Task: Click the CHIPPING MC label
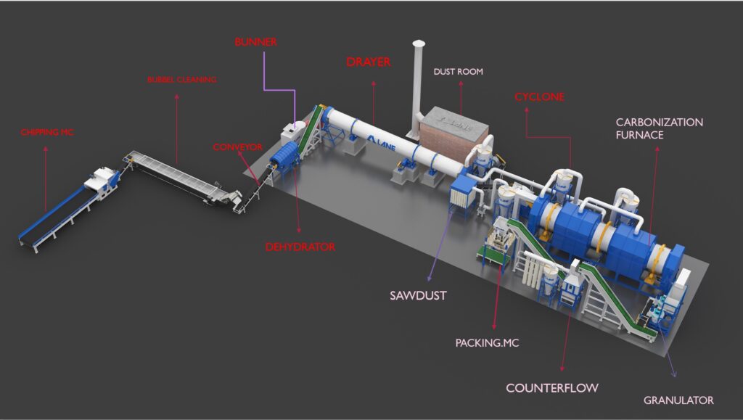[x=47, y=132]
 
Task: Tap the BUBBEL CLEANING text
[x=182, y=80]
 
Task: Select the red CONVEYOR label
[x=237, y=147]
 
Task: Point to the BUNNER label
[x=256, y=41]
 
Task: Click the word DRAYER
[x=369, y=62]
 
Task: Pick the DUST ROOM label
[x=459, y=72]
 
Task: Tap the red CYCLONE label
[x=540, y=97]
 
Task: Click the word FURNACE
[x=640, y=135]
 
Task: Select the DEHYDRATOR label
[x=300, y=247]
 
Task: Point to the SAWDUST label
[x=418, y=295]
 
